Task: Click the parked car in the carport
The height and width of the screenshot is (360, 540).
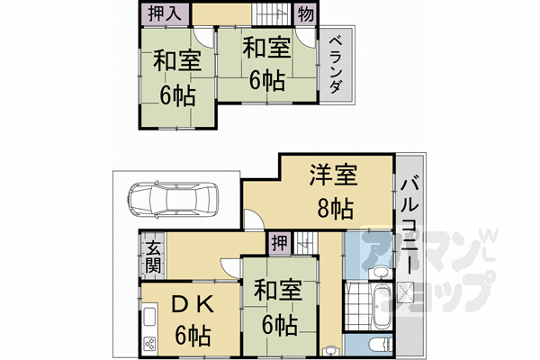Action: tap(172, 199)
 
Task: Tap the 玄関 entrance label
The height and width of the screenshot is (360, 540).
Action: tap(153, 256)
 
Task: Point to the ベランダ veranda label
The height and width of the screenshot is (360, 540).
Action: tap(335, 63)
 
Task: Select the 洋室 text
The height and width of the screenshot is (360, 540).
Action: tap(332, 174)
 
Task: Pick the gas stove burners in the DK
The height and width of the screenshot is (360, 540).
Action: tap(149, 342)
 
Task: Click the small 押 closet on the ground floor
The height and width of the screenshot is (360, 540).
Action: tap(280, 243)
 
